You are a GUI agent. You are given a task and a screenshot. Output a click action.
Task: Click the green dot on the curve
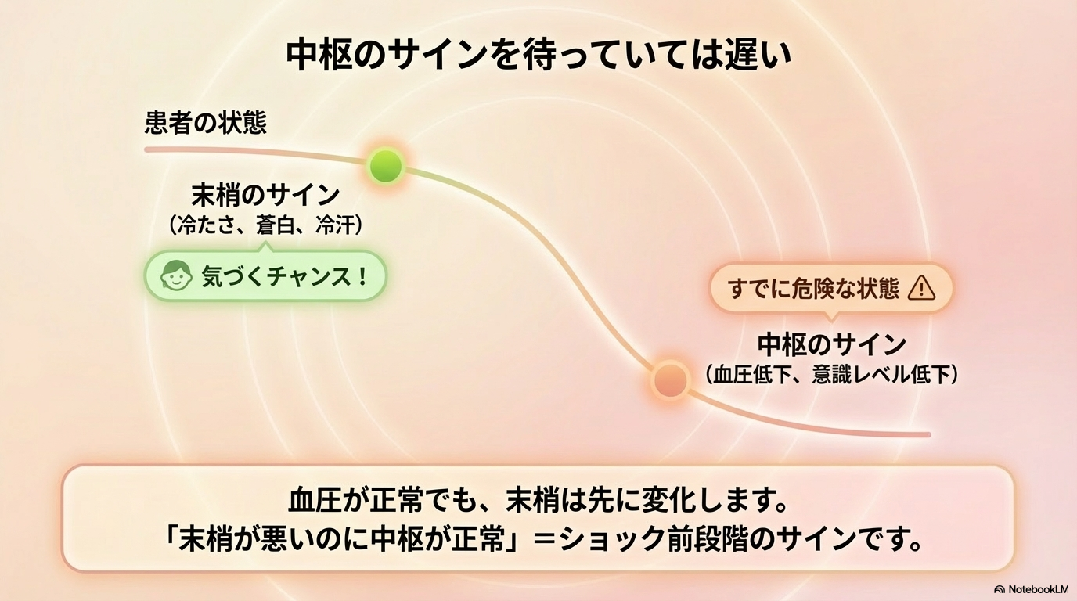[385, 165]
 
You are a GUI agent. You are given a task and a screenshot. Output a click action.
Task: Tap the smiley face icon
[176, 276]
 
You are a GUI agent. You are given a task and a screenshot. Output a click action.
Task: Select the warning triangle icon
[921, 289]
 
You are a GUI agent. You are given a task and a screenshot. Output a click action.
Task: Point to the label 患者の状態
[206, 123]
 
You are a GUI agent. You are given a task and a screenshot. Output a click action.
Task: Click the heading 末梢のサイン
[265, 194]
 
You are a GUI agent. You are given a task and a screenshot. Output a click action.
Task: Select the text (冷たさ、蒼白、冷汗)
[265, 225]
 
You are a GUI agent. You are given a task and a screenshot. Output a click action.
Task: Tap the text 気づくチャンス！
[285, 276]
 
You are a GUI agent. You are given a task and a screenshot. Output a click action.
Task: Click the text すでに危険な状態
[814, 289]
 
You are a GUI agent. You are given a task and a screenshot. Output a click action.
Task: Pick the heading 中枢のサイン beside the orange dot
[831, 344]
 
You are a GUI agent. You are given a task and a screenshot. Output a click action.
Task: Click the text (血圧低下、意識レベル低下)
[831, 375]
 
